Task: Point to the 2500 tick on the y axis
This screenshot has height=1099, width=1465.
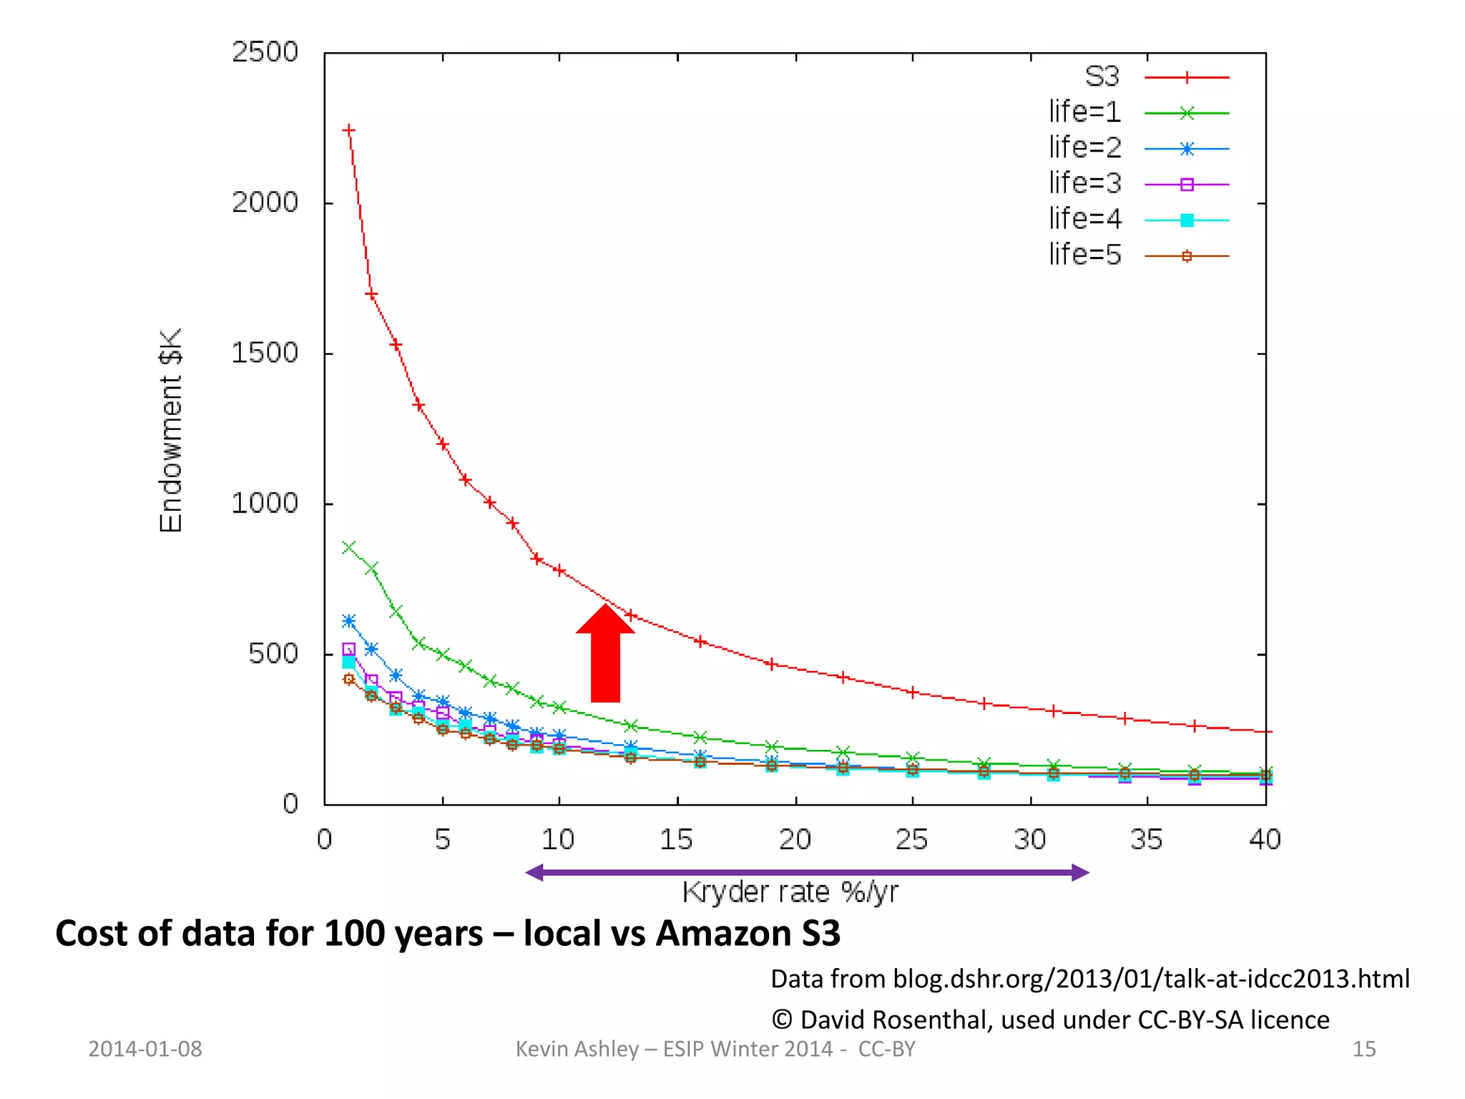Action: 265,52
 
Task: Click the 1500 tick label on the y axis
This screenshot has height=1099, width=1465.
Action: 265,353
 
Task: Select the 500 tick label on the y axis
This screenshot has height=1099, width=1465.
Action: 273,653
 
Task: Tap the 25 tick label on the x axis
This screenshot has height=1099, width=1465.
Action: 911,839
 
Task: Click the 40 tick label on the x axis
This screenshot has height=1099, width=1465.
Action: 1265,839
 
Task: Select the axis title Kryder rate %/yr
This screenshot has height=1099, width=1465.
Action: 790,892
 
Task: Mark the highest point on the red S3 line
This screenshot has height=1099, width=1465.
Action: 349,130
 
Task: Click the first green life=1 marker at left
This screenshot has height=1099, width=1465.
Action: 349,547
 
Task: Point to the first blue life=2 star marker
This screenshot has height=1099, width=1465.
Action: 349,620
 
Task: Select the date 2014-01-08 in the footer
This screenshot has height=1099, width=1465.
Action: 145,1049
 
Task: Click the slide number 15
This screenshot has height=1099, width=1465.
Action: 1363,1049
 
